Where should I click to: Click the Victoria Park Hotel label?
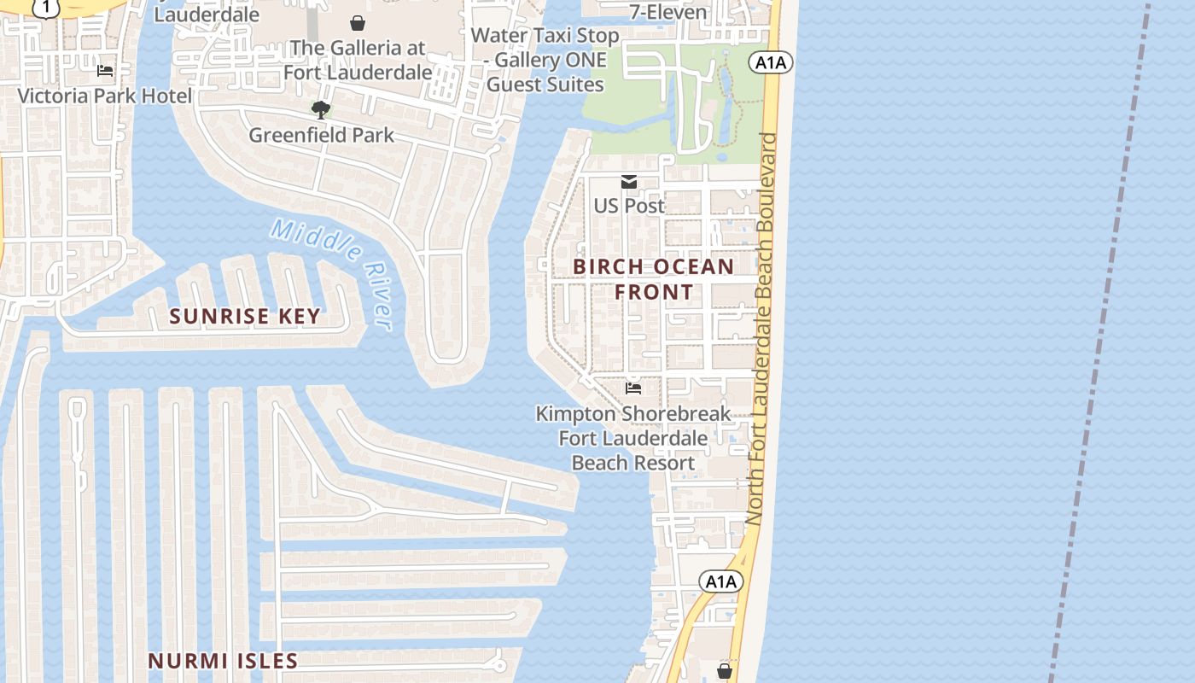pyautogui.click(x=105, y=96)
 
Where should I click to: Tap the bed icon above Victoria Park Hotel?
pyautogui.click(x=105, y=71)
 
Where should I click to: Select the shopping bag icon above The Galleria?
pyautogui.click(x=358, y=23)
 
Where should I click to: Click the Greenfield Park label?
pyautogui.click(x=321, y=135)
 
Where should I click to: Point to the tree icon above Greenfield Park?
pyautogui.click(x=321, y=109)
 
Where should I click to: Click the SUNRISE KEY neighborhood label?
pyautogui.click(x=245, y=316)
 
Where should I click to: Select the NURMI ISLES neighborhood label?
pyautogui.click(x=223, y=661)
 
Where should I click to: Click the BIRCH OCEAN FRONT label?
pyautogui.click(x=654, y=279)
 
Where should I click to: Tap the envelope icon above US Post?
pyautogui.click(x=629, y=182)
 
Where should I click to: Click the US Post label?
pyautogui.click(x=629, y=206)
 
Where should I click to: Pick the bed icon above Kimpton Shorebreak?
pyautogui.click(x=633, y=388)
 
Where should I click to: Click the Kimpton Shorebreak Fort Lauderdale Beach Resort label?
pyautogui.click(x=633, y=438)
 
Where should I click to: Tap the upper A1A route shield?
pyautogui.click(x=771, y=62)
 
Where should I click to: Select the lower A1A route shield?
pyautogui.click(x=721, y=582)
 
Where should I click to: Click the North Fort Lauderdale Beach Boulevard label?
pyautogui.click(x=761, y=329)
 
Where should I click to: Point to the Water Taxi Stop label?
pyautogui.click(x=545, y=60)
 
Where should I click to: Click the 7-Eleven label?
pyautogui.click(x=668, y=12)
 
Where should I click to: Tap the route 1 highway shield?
pyautogui.click(x=46, y=7)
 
